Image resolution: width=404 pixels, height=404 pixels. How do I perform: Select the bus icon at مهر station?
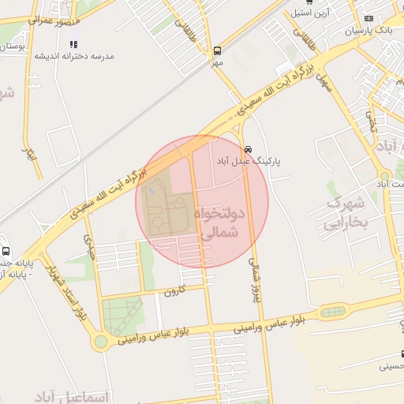coord(217,50)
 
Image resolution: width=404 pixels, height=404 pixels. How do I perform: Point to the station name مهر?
coord(217,62)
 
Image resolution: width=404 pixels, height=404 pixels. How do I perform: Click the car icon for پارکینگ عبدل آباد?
coord(248,148)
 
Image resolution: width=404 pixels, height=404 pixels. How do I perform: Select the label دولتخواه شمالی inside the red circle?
coord(224,224)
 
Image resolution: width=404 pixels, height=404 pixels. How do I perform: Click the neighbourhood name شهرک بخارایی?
coord(347,212)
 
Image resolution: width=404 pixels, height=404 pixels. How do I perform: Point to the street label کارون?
coord(173,292)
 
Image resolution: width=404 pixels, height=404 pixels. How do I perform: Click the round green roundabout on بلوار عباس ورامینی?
coord(99,342)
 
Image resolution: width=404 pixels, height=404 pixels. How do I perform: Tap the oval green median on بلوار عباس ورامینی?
coord(332,312)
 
